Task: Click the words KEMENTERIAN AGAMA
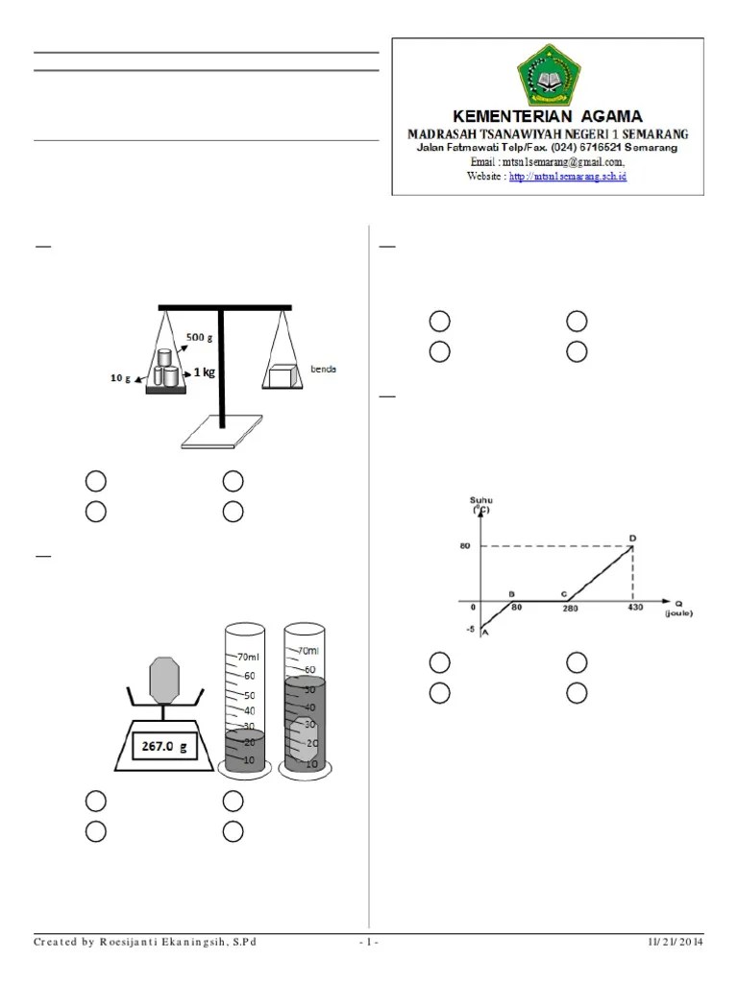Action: pyautogui.click(x=548, y=117)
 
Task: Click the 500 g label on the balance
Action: pyautogui.click(x=200, y=337)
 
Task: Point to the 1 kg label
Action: pyautogui.click(x=204, y=372)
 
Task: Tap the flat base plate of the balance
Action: pyautogui.click(x=222, y=431)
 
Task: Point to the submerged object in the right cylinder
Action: pyautogui.click(x=304, y=742)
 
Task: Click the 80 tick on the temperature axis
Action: pyautogui.click(x=464, y=547)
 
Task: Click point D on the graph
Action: pyautogui.click(x=632, y=538)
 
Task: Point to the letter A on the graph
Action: pyautogui.click(x=484, y=632)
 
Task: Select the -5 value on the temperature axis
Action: pyautogui.click(x=469, y=629)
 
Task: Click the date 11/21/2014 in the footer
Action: pyautogui.click(x=675, y=942)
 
